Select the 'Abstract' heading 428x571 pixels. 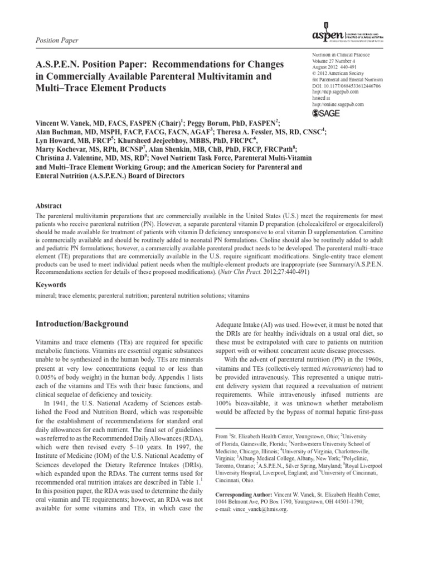49,205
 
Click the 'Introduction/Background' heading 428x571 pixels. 82,324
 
